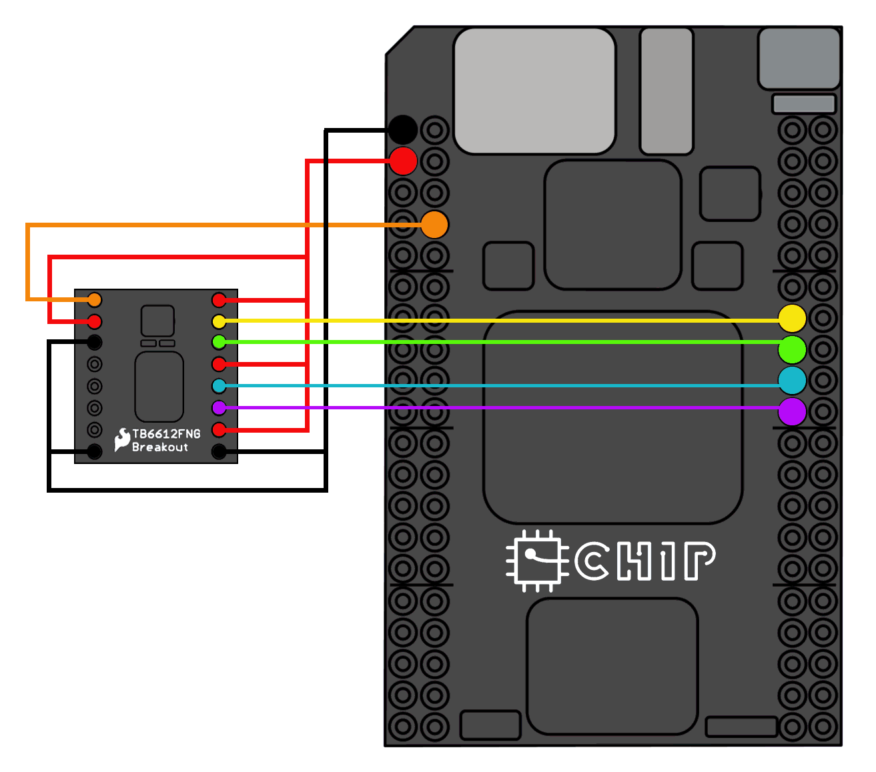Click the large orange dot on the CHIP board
(x=434, y=225)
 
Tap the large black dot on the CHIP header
(x=403, y=129)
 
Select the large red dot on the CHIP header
(x=403, y=161)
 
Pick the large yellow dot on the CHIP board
(x=792, y=318)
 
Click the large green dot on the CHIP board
(x=792, y=349)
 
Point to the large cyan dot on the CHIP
(x=792, y=381)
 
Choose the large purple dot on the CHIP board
(x=792, y=412)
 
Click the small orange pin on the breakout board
(x=95, y=299)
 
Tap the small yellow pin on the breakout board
(x=219, y=321)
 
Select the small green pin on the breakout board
(x=219, y=342)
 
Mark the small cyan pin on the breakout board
(x=219, y=385)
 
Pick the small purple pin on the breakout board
(x=219, y=407)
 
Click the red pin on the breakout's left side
(x=95, y=321)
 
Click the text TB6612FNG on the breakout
(x=166, y=434)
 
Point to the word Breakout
(x=160, y=447)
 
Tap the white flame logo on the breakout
(x=122, y=439)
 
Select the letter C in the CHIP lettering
(x=592, y=561)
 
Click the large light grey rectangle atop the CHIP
(x=534, y=91)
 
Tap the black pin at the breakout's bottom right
(x=219, y=451)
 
